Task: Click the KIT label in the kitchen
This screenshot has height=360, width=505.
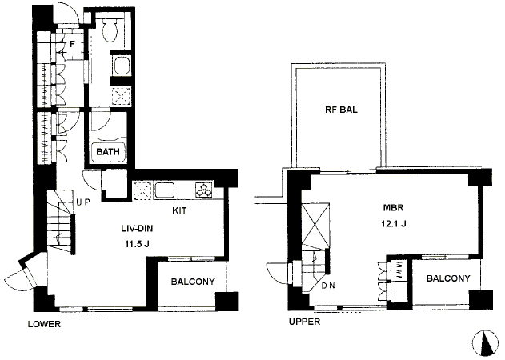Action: click(181, 212)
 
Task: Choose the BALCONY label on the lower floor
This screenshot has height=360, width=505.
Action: click(192, 281)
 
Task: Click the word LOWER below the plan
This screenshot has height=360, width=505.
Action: click(44, 325)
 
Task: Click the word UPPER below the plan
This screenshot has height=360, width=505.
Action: click(304, 322)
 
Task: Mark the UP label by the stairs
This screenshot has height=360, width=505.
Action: click(82, 202)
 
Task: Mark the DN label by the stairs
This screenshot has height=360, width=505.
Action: click(328, 285)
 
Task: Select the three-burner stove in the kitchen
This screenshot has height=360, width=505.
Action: click(202, 190)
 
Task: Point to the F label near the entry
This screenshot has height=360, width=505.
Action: click(72, 45)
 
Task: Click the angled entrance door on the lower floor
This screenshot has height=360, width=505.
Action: click(20, 278)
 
